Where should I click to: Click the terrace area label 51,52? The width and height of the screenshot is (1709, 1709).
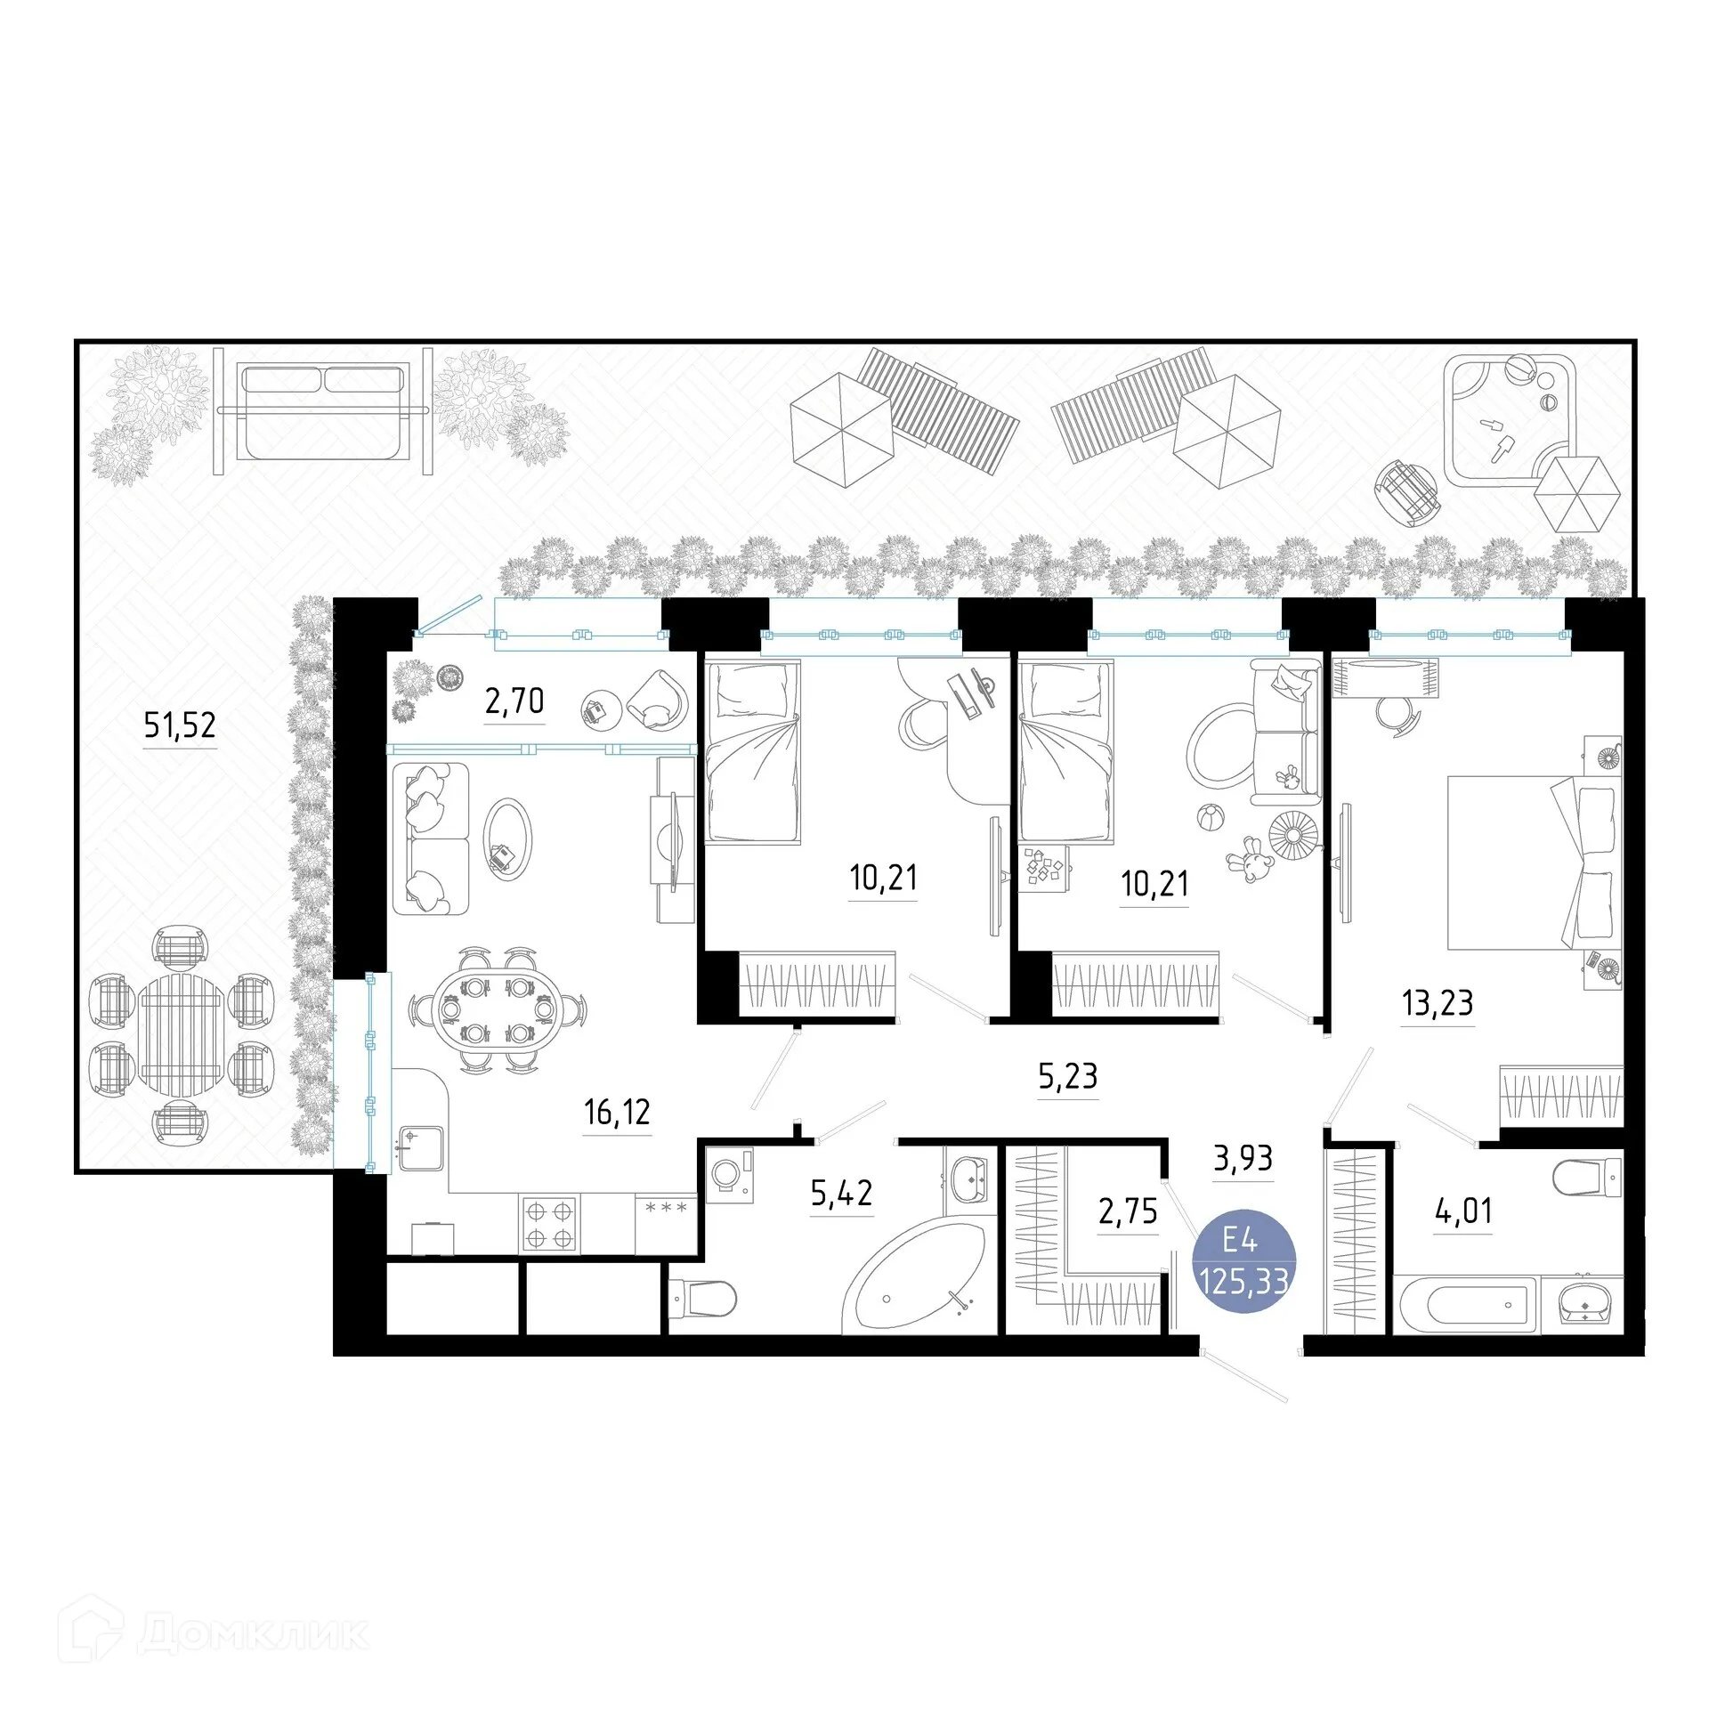coord(180,725)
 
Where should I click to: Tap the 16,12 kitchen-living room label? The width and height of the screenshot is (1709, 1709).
coord(617,1112)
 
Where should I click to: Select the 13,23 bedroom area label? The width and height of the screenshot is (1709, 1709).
coord(1438,1002)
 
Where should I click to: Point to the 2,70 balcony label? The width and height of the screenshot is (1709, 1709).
coord(514,701)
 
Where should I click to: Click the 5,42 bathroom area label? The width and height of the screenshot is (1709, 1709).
coord(841,1193)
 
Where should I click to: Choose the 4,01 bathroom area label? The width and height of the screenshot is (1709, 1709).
coord(1463,1211)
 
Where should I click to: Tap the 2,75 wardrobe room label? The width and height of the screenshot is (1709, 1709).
coord(1128,1211)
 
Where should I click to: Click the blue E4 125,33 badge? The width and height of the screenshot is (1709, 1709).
coord(1243,1262)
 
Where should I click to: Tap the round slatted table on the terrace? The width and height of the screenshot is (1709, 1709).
coord(182,1033)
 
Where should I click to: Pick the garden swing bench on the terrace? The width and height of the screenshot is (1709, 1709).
coord(324,411)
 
